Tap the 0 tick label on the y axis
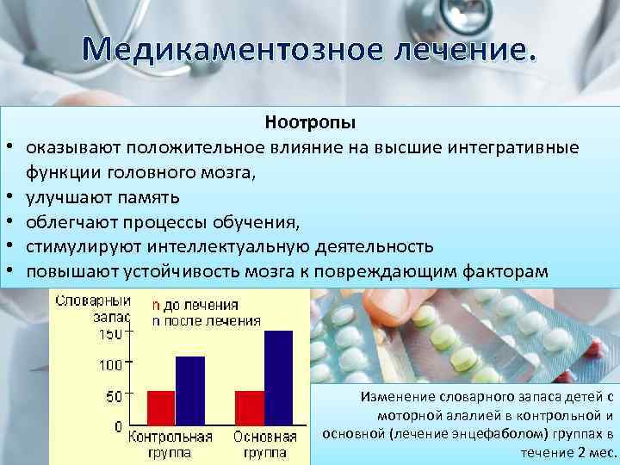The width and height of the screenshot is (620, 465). pos(118,427)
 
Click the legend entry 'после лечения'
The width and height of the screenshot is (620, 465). pos(206,320)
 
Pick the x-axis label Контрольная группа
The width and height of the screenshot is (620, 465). pos(170,443)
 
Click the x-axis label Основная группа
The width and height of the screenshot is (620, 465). pos(265,443)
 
